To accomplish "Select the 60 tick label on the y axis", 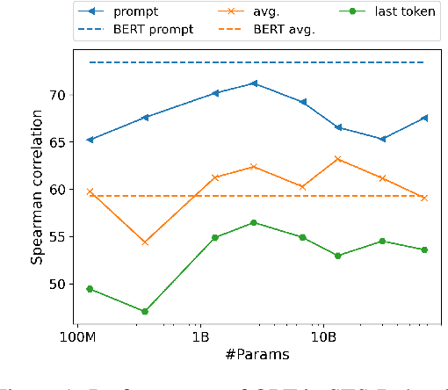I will click(55, 190).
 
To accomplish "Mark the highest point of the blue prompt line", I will click(254, 83).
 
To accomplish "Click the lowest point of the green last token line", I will click(145, 311).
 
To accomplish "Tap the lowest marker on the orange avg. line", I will click(145, 242).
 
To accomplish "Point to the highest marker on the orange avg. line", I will click(338, 159).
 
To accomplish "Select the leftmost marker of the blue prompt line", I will click(90, 140).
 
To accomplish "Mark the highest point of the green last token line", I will click(254, 222).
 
